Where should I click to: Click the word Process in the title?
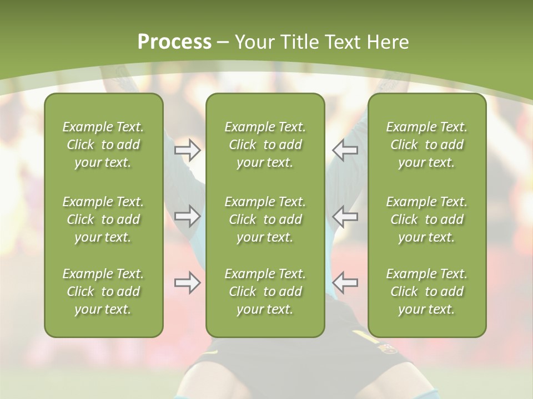(174, 42)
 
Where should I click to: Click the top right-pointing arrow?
(187, 150)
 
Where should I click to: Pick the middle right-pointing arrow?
(187, 216)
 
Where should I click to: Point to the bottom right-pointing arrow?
(187, 283)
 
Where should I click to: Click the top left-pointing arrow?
(345, 150)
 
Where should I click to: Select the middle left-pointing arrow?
(345, 216)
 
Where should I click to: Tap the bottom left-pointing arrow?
(345, 283)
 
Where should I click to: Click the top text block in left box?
(103, 145)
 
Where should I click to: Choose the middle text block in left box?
(103, 219)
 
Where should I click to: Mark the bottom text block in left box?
(103, 291)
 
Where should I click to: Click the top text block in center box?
(265, 145)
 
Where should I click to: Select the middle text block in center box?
(265, 219)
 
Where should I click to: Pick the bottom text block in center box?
(265, 291)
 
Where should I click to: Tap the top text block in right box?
(426, 145)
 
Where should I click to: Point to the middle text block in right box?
(426, 219)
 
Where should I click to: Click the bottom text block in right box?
(426, 291)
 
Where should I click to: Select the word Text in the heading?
(341, 42)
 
